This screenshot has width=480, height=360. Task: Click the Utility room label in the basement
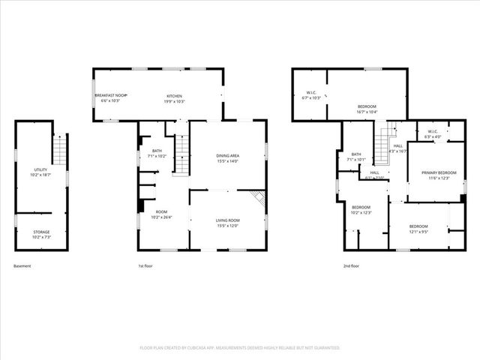tap(41, 172)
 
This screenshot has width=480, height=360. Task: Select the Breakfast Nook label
tap(110, 96)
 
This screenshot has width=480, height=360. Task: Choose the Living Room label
tap(227, 223)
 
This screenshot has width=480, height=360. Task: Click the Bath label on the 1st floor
tap(157, 153)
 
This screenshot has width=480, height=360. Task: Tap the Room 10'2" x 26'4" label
tap(162, 214)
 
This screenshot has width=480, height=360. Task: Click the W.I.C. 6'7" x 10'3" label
tap(311, 94)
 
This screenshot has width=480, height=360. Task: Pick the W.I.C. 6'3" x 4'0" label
tap(433, 133)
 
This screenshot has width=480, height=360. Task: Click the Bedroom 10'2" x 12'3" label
tap(361, 209)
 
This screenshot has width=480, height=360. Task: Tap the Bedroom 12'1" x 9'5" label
tap(418, 229)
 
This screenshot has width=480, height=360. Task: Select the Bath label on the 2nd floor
tap(356, 157)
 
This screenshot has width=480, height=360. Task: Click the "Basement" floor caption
tap(23, 266)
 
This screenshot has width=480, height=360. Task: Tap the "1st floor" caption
tap(145, 266)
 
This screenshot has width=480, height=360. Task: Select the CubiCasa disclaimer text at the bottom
tap(240, 348)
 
